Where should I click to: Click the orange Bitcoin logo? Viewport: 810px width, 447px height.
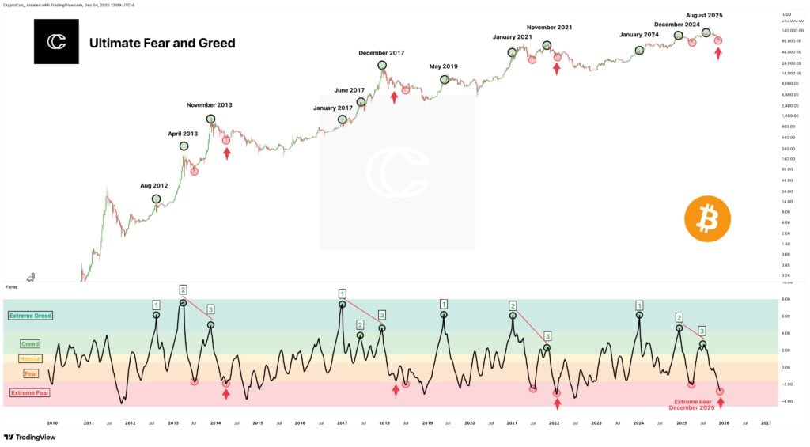coord(707,219)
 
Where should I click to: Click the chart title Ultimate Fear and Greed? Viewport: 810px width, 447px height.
coord(162,43)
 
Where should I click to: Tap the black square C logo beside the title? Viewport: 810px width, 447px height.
coord(56,42)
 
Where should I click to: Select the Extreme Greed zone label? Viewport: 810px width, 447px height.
coord(31,316)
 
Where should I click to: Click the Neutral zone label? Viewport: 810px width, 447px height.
coord(30,358)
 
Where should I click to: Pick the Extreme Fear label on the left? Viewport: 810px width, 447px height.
coord(31,392)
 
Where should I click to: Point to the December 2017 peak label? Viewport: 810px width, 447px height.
coord(381,53)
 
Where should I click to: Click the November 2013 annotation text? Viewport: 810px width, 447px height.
coord(209,104)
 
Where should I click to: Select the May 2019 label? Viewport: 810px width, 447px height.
coord(444,66)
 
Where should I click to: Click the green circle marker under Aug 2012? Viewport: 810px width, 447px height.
coord(156,199)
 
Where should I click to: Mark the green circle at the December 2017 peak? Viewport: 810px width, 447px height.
coord(382,65)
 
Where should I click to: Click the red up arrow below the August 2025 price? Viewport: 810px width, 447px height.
coord(718,53)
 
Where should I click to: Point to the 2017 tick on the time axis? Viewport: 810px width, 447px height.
coord(342,423)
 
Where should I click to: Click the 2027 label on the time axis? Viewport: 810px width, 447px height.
coord(765,423)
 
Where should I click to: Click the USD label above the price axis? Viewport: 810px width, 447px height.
coord(786,14)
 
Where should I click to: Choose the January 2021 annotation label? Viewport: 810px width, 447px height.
coord(512,37)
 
